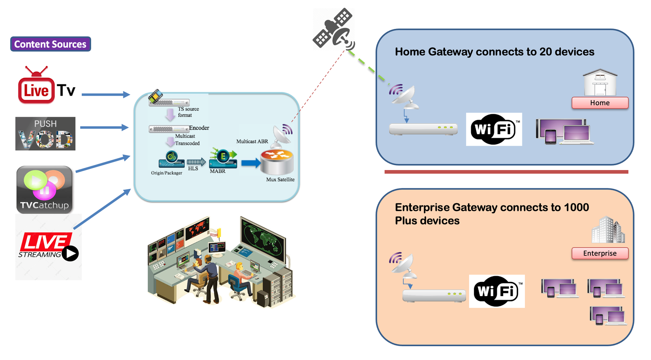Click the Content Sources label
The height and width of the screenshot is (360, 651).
(50, 44)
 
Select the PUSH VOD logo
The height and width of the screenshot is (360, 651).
(45, 134)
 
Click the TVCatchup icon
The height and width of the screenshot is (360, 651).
(44, 190)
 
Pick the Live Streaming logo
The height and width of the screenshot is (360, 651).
(48, 247)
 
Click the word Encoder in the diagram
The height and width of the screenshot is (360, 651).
(199, 128)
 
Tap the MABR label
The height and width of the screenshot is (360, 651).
(218, 171)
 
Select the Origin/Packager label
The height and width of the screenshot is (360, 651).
(166, 173)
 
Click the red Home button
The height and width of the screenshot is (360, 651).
(600, 103)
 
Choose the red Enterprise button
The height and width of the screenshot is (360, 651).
(600, 253)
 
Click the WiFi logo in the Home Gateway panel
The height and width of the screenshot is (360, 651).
(494, 129)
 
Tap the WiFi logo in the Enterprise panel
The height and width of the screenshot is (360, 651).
(497, 291)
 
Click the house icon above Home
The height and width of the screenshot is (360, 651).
(600, 83)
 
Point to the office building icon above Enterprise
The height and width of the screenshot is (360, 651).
(608, 230)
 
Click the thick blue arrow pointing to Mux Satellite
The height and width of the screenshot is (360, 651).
(250, 163)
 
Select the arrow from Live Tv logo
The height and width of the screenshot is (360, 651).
(105, 94)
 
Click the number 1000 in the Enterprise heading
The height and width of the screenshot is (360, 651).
(576, 207)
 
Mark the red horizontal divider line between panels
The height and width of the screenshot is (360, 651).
(506, 172)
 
